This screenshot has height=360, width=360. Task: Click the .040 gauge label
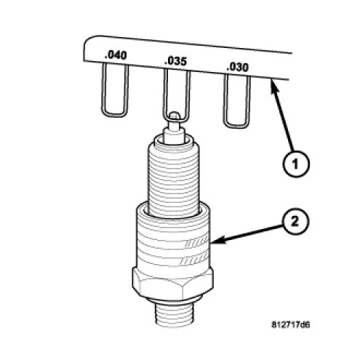click(116, 55)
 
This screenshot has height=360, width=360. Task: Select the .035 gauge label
click(175, 61)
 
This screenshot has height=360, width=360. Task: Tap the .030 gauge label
click(237, 67)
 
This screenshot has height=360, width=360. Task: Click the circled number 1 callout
click(296, 164)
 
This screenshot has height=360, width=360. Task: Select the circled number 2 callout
click(295, 222)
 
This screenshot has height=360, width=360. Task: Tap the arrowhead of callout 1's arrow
click(273, 84)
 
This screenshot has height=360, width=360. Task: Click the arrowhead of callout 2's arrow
click(217, 241)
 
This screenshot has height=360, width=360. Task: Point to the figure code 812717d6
click(290, 324)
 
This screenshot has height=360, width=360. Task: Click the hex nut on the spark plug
click(173, 282)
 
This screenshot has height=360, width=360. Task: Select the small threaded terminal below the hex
click(173, 314)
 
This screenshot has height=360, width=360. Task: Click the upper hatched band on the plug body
click(196, 241)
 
